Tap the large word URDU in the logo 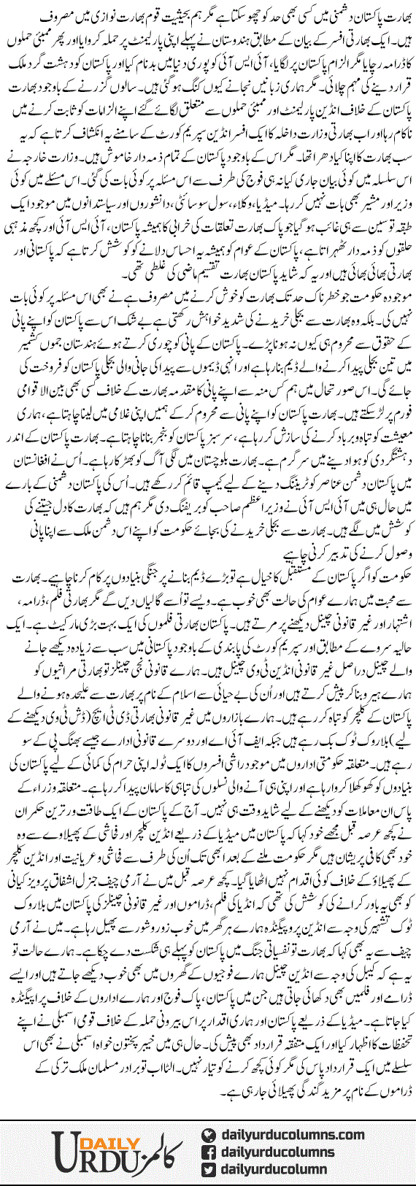[91, 1160]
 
